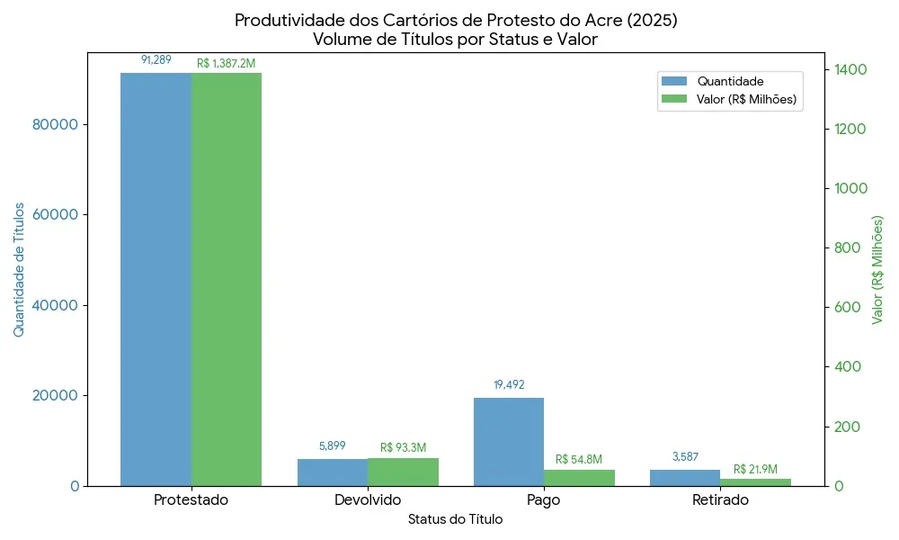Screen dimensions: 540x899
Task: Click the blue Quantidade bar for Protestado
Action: pos(156,279)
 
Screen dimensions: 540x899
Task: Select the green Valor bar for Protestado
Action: pos(227,279)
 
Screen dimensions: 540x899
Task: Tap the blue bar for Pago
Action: pos(509,441)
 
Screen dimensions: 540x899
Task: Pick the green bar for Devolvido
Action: pos(404,472)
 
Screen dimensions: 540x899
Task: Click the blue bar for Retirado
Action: pos(685,478)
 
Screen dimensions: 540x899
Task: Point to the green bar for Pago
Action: pos(579,478)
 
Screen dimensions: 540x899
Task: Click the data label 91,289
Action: pos(156,60)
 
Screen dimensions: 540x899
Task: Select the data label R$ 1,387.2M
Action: pos(227,64)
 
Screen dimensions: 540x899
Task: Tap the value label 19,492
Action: pos(509,385)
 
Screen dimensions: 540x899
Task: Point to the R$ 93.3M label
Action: pos(404,447)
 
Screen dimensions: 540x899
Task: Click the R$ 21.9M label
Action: pos(755,469)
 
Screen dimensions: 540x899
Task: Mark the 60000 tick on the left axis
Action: pos(53,215)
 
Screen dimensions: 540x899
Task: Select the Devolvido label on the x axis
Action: pos(368,500)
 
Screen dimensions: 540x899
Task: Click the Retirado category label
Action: pos(720,500)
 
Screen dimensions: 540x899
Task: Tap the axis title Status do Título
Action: pos(455,519)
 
